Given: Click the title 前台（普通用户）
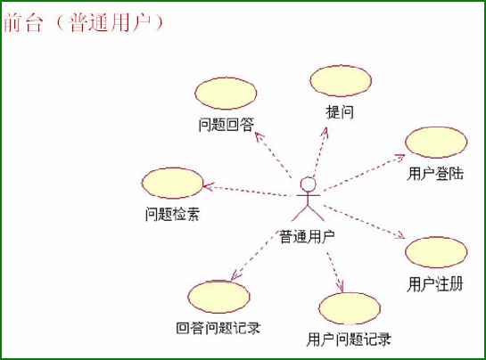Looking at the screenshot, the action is [84, 22].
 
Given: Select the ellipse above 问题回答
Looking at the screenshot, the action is [226, 94].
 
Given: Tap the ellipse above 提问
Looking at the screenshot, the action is [341, 81].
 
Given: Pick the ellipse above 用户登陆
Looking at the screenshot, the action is [436, 143].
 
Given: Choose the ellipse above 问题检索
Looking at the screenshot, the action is [172, 183].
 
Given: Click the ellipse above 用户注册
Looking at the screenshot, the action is [436, 252].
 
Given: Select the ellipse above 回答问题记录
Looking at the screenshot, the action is [218, 297].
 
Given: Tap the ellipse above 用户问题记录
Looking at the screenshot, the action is [350, 308].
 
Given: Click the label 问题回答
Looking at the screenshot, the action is [227, 125].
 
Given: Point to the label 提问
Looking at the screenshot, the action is [340, 112].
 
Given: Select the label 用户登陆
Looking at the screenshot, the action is [435, 174].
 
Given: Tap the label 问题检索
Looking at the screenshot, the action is [172, 214].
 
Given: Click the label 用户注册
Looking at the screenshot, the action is [435, 284].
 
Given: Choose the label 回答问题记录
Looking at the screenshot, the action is [218, 328].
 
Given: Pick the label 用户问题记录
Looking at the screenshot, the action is [349, 340].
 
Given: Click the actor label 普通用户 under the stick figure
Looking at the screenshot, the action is [307, 237].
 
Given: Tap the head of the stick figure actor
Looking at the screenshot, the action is [308, 184].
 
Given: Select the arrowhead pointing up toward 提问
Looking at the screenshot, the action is [325, 131].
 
